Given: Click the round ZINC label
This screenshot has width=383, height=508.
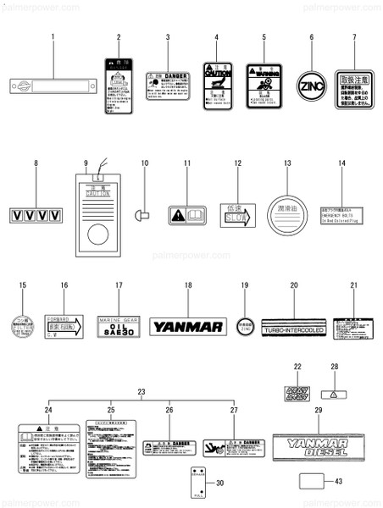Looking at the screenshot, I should pyautogui.click(x=311, y=86).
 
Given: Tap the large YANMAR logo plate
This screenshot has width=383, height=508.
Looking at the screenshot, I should pyautogui.click(x=186, y=326).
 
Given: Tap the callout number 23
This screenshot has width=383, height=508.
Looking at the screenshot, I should pyautogui.click(x=142, y=390).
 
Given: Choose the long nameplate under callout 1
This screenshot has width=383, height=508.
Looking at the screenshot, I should pyautogui.click(x=52, y=86).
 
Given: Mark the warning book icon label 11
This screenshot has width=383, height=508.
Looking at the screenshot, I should pyautogui.click(x=186, y=216).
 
